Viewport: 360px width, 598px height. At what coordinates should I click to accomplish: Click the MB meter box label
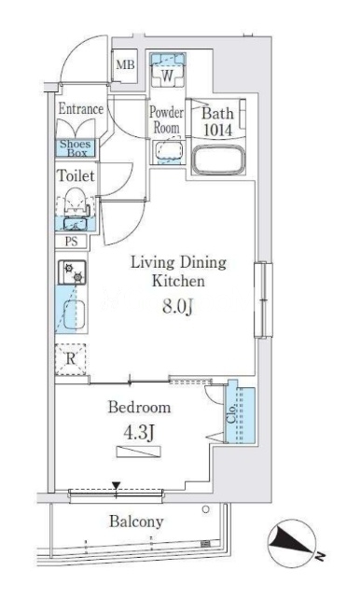126,64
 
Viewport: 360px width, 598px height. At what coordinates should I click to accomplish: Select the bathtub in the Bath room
218,160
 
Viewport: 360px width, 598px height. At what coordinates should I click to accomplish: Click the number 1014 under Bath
217,130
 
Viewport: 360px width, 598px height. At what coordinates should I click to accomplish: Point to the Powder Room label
166,119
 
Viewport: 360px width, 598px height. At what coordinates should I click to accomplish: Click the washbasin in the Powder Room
168,152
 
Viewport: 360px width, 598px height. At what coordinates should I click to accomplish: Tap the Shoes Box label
76,148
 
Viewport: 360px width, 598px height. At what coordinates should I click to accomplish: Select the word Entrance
81,109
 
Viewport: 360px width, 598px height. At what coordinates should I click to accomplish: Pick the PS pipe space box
71,242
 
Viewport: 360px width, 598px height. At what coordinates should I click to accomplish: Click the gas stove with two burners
72,272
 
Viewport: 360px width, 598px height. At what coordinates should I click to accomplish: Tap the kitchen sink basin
74,314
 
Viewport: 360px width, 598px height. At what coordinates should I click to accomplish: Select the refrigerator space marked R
71,359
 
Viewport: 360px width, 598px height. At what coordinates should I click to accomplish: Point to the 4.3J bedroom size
139,432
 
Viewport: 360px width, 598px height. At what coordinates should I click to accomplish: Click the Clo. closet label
231,414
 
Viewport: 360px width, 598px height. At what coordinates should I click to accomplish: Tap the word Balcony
136,522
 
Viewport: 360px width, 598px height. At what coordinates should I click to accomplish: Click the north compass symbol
292,543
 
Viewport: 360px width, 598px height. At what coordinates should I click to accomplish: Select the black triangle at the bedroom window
117,485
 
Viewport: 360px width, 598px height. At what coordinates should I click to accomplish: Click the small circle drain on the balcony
206,509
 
